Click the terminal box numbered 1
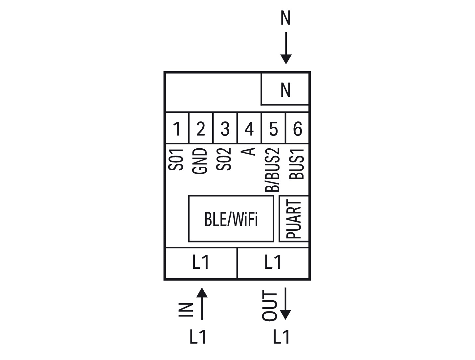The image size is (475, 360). tap(177, 128)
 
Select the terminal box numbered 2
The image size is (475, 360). tap(201, 128)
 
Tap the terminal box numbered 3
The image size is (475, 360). tap(225, 128)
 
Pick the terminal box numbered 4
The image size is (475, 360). tap(249, 128)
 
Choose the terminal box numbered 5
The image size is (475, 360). tap(274, 128)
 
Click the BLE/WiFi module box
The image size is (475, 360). tap(231, 219)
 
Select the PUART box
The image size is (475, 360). tap(294, 219)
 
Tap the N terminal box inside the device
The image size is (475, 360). tap(285, 89)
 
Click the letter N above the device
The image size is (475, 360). tap(285, 18)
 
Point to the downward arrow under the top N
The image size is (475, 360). tap(286, 48)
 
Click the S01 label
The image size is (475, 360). tap(175, 159)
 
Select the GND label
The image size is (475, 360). tap(199, 161)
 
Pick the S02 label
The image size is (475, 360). tap(224, 159)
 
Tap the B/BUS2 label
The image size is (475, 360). tap(272, 170)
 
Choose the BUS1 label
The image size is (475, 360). tap(297, 164)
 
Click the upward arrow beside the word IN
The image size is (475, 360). tap(202, 304)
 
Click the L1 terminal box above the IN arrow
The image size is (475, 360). tap(201, 263)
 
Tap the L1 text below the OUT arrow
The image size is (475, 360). tap(281, 337)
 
